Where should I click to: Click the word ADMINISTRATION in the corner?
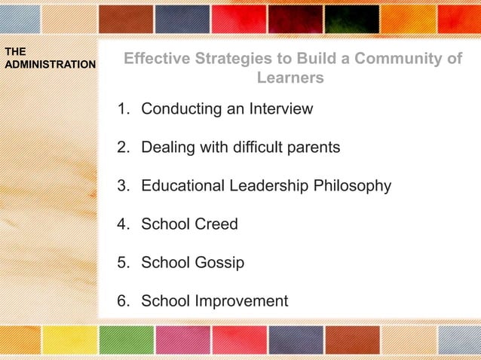50,65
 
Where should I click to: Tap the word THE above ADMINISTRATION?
15,52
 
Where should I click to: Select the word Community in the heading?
397,59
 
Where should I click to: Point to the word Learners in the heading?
290,78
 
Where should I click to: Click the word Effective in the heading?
155,59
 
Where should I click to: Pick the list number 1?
122,109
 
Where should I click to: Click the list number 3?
122,186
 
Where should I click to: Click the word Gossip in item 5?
219,264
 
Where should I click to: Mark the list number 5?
122,264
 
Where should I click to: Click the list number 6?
122,302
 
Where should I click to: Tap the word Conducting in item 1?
182,109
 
